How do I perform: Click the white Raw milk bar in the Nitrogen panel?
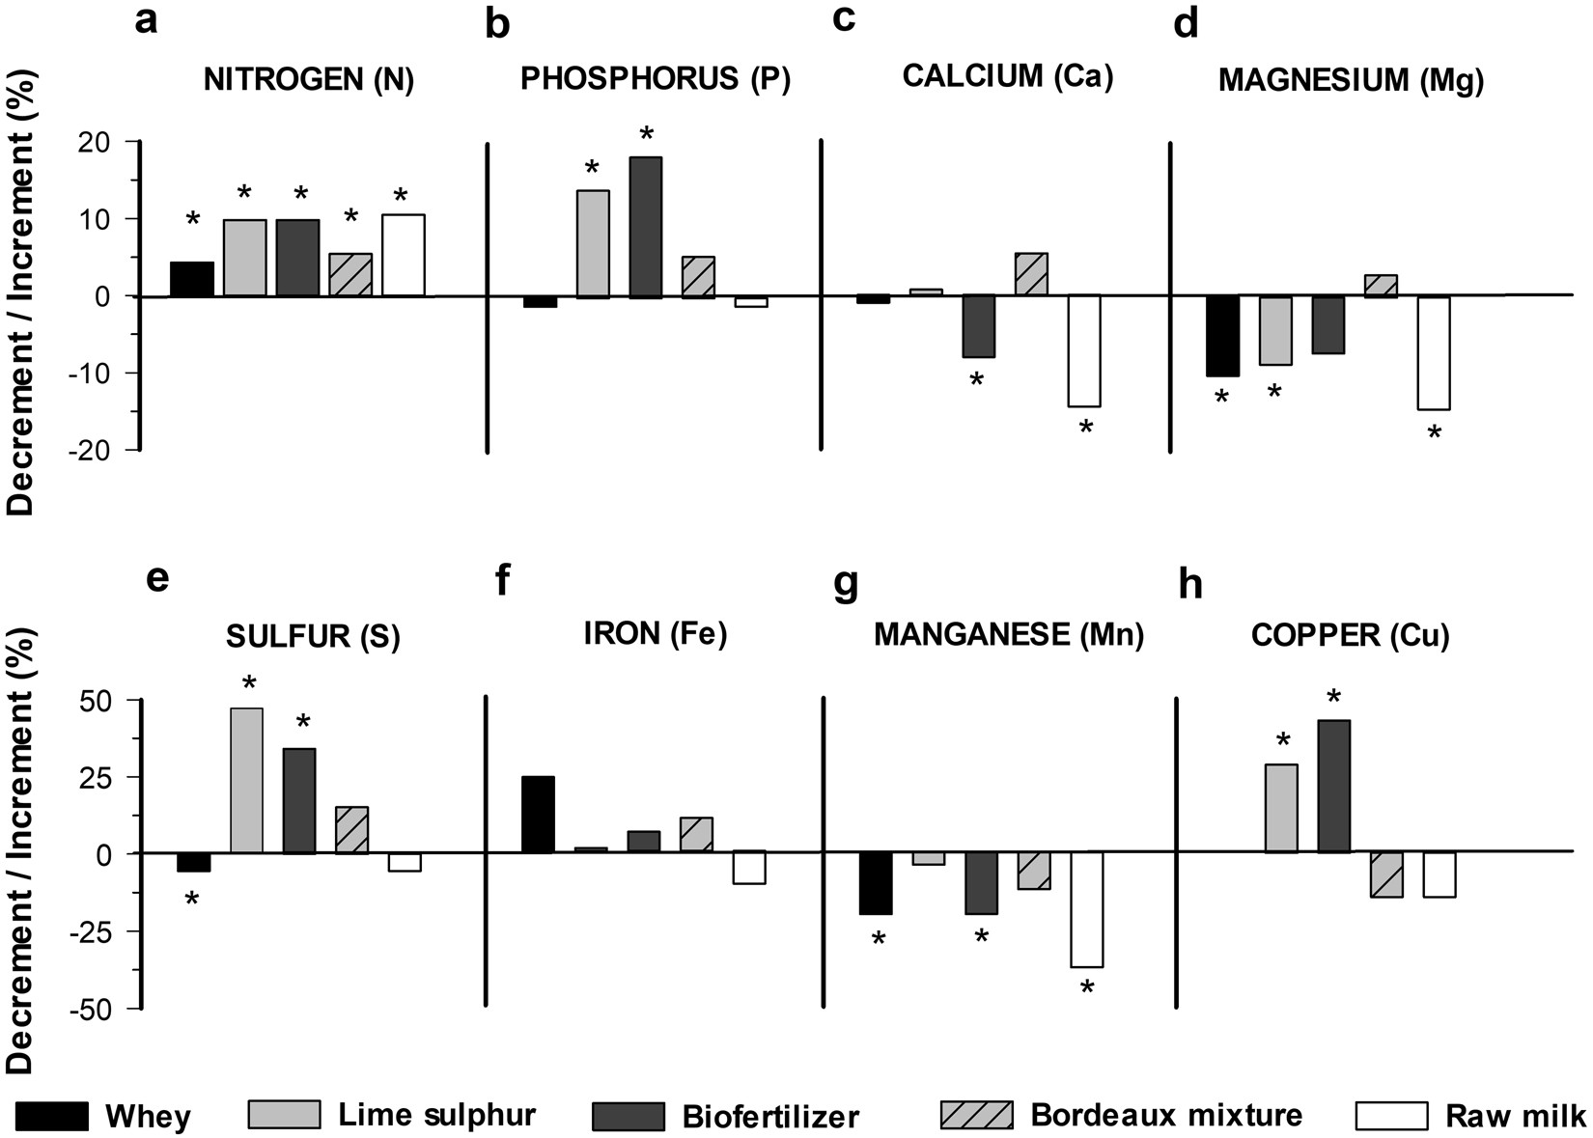pyautogui.click(x=404, y=255)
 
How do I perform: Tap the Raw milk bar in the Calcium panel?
pyautogui.click(x=1084, y=350)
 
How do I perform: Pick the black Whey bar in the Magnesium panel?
pyautogui.click(x=1222, y=336)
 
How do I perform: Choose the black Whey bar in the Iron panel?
pyautogui.click(x=538, y=815)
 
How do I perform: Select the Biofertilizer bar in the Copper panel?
pyautogui.click(x=1333, y=786)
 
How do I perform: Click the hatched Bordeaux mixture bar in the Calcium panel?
pyautogui.click(x=1031, y=274)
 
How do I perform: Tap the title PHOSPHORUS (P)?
pyautogui.click(x=655, y=80)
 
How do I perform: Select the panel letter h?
pyautogui.click(x=1190, y=585)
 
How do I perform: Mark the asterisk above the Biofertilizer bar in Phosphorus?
pyautogui.click(x=647, y=133)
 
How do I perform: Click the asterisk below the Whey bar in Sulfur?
pyautogui.click(x=192, y=900)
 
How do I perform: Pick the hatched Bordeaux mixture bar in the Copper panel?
pyautogui.click(x=1386, y=874)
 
